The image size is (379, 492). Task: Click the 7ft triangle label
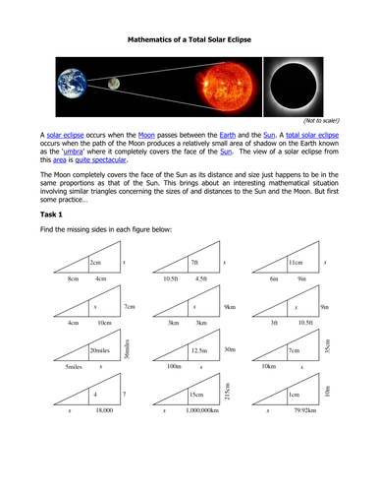tap(194, 263)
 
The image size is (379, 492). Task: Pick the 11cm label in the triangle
tap(296, 263)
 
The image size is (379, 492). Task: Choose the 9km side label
tap(229, 307)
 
